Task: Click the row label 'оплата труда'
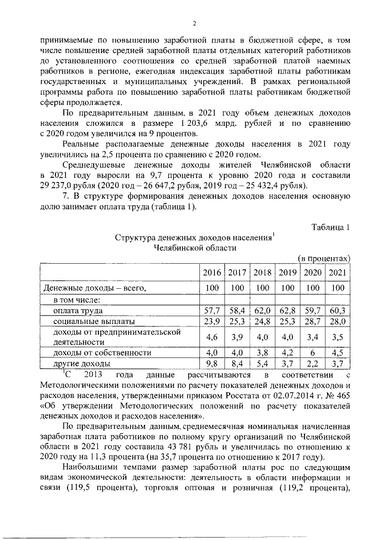78,311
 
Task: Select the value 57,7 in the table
210,311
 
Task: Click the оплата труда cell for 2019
287,311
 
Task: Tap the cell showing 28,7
313,321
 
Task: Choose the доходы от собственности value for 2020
313,353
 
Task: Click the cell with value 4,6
210,337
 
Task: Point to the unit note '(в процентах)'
323,258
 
